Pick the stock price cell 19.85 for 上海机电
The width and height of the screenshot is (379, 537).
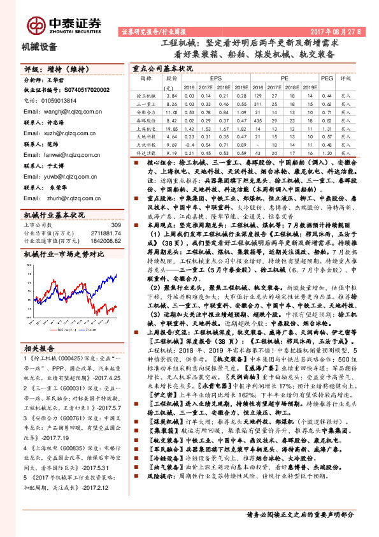coord(170,128)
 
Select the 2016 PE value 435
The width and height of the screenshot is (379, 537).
coord(257,120)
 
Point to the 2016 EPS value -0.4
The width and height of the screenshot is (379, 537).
coord(188,145)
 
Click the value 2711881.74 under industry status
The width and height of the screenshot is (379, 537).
coord(106,233)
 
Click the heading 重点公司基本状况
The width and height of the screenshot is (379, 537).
coord(162,66)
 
